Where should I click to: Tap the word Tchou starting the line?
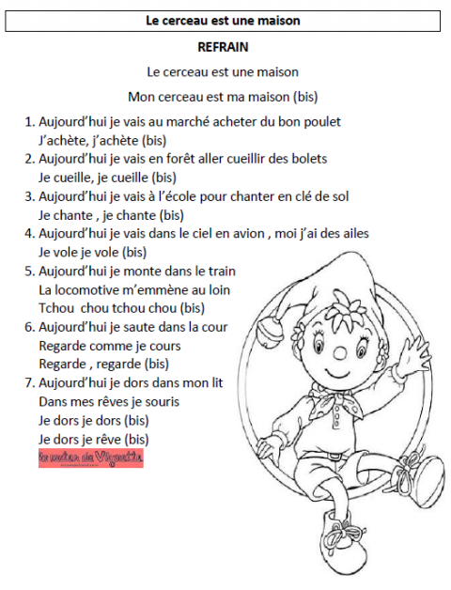56,308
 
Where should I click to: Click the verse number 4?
29,233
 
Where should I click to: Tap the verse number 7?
29,382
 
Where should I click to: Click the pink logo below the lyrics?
91,459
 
